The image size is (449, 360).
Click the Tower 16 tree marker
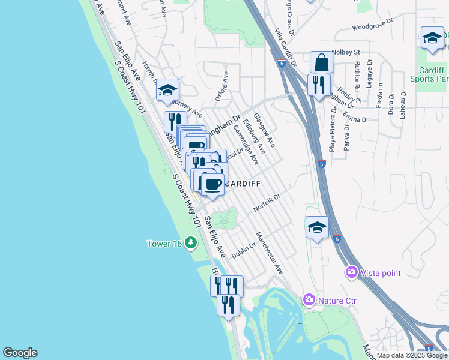pos(191,242)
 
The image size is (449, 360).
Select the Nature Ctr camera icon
pos(309,299)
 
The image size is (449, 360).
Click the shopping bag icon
pos(321,63)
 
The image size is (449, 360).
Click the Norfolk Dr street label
pos(267,202)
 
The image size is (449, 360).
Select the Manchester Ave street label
pos(270,253)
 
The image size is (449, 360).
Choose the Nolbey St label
pos(345,52)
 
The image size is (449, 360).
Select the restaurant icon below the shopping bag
pos(319,84)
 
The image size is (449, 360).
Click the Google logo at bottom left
pos(20,353)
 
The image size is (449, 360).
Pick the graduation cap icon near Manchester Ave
pos(317,227)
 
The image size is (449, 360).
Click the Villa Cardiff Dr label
pos(286,48)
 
